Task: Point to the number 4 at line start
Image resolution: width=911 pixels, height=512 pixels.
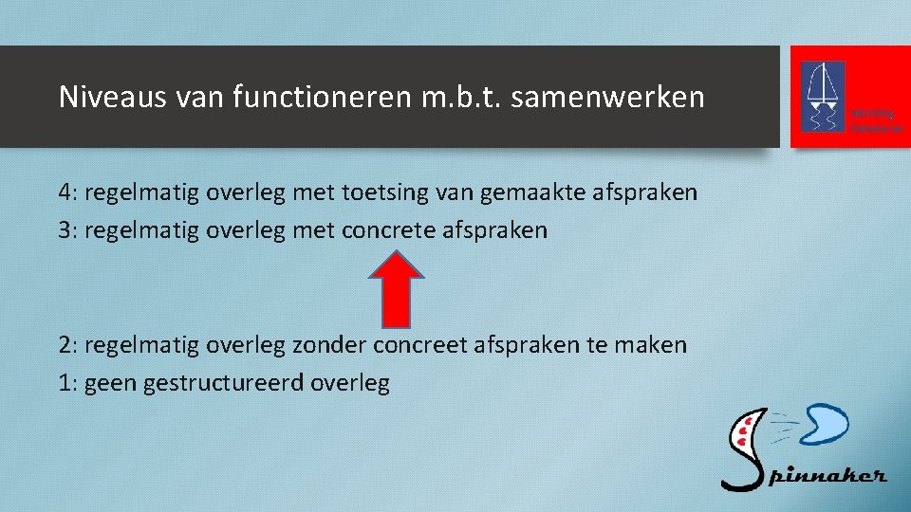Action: [x=65, y=193]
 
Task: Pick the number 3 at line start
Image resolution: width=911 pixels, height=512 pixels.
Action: [x=65, y=230]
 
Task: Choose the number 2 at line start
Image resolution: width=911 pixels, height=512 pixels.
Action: [x=65, y=345]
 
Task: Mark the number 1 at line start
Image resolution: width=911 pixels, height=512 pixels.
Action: [x=65, y=383]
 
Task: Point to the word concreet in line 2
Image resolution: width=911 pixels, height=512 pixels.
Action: [x=414, y=345]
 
